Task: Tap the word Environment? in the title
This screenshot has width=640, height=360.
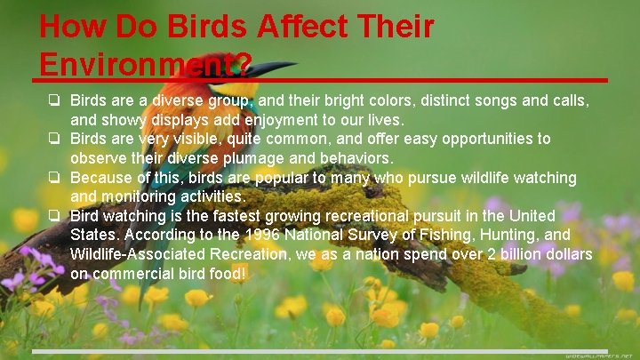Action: (145, 64)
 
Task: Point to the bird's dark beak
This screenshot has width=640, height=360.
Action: (272, 68)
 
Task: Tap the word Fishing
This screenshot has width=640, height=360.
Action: (421, 236)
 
